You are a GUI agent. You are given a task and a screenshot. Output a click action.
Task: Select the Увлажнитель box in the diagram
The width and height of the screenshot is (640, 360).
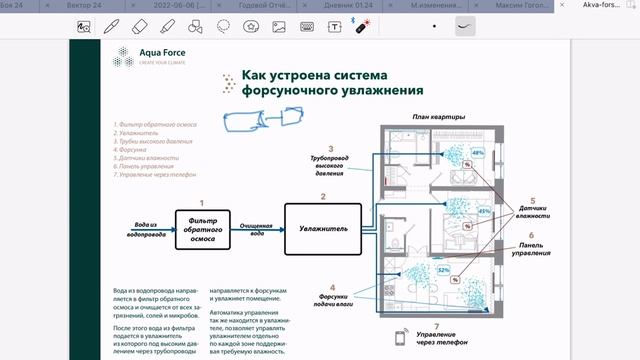(323, 228)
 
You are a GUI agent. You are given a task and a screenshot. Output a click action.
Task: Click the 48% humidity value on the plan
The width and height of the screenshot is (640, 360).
(477, 153)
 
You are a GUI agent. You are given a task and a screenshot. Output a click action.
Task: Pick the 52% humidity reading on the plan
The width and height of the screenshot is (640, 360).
(442, 269)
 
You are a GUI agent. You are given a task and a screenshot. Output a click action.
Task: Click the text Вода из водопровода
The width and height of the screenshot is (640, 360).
(145, 230)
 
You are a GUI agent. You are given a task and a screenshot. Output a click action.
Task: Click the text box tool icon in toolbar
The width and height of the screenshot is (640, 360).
(334, 28)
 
